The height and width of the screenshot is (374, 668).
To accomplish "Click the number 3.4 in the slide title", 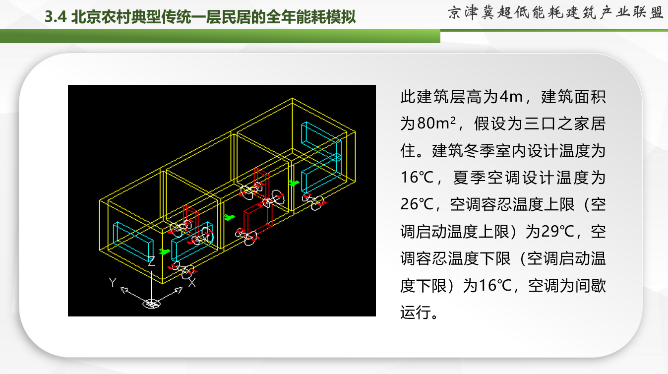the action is tap(56, 17).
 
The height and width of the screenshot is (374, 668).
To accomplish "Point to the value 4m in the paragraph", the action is tap(511, 97).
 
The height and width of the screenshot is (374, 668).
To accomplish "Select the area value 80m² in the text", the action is tap(436, 124).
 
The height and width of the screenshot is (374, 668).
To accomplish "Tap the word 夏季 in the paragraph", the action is tap(470, 178).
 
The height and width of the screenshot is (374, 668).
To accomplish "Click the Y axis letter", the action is tap(113, 282).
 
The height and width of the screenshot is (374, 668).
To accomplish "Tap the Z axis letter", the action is tap(151, 261).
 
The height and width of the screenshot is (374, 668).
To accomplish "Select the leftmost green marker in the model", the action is tap(164, 251).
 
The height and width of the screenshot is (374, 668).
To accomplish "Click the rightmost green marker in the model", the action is tap(294, 183).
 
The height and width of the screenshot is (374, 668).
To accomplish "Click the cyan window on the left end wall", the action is tap(133, 240).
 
